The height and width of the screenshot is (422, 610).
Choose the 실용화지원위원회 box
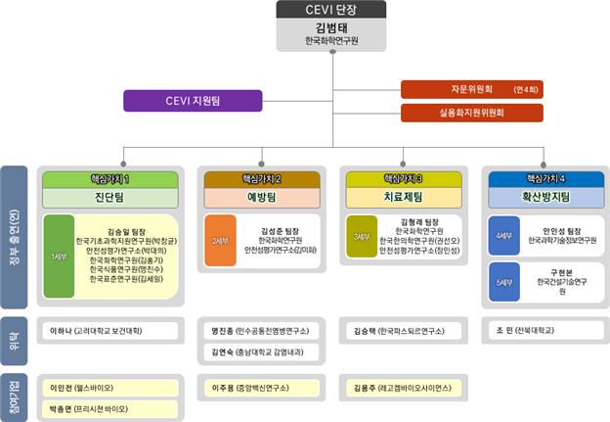coord(472,113)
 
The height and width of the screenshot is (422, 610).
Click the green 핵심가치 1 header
coord(109,179)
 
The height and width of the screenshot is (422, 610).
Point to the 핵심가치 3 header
coord(404,179)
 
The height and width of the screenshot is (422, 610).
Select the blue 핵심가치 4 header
coord(546,179)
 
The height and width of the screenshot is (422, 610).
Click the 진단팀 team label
coord(109,197)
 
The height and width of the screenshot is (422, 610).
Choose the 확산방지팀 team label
coord(546,197)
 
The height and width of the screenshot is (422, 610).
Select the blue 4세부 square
coord(505,236)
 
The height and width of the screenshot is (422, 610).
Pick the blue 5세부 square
coord(505,282)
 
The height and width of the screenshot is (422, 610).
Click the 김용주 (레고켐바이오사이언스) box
coord(404,387)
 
